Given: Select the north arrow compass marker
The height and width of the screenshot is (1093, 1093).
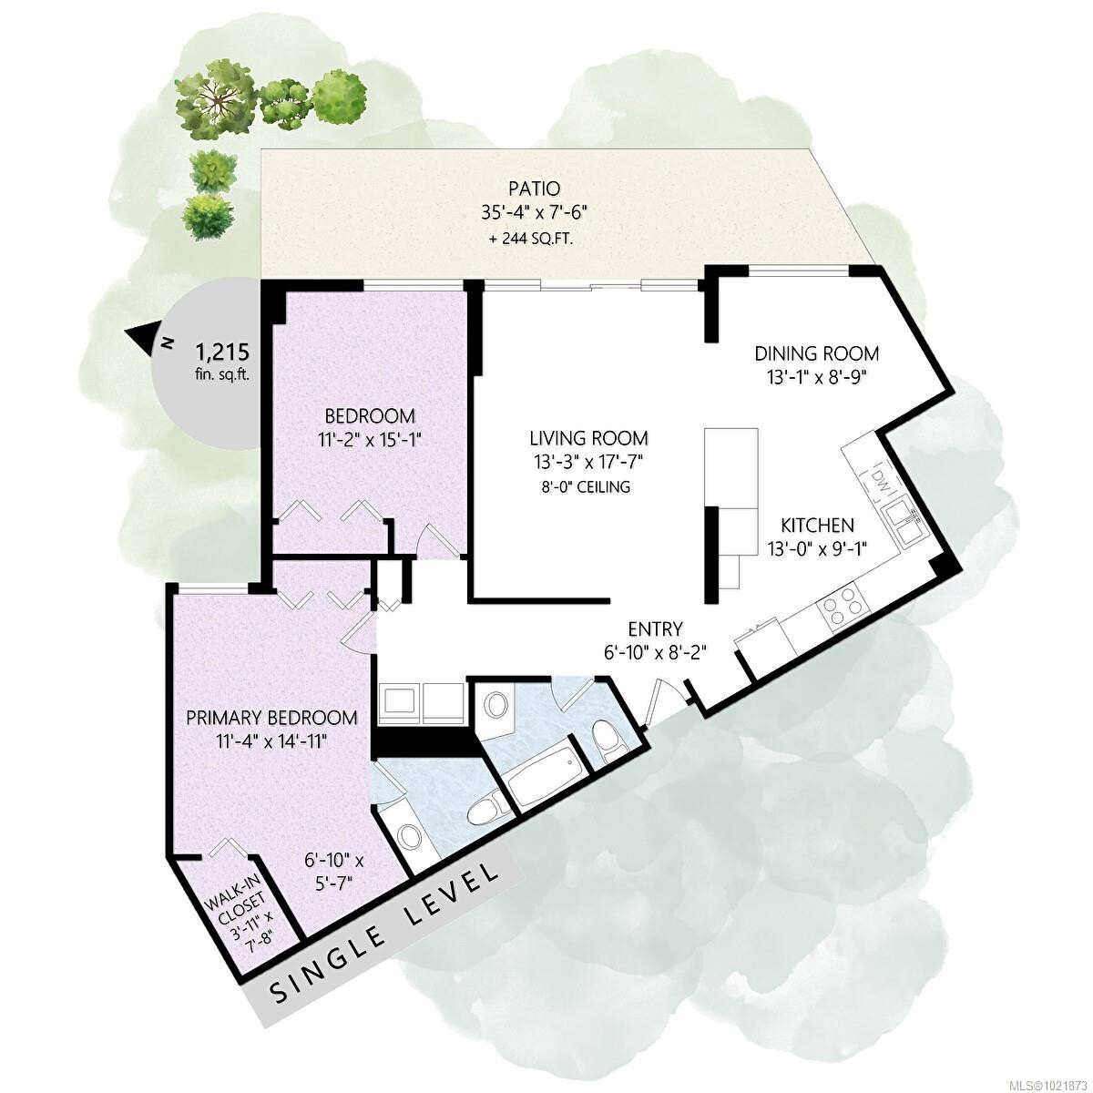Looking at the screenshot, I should point(145,339).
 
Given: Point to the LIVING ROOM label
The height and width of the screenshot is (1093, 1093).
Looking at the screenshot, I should point(589,438).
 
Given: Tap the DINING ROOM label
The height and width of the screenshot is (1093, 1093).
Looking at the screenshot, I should point(816,353).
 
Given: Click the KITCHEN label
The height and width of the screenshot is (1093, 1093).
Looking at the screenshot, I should point(817,526).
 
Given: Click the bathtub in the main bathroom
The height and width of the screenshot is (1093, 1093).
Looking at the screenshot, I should point(543,773).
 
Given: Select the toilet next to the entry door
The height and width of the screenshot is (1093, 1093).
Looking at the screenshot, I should point(608,738).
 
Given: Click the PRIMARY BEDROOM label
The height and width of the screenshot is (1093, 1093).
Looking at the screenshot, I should point(271,718).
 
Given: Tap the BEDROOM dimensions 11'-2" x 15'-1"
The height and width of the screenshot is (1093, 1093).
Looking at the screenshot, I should point(370,438).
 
